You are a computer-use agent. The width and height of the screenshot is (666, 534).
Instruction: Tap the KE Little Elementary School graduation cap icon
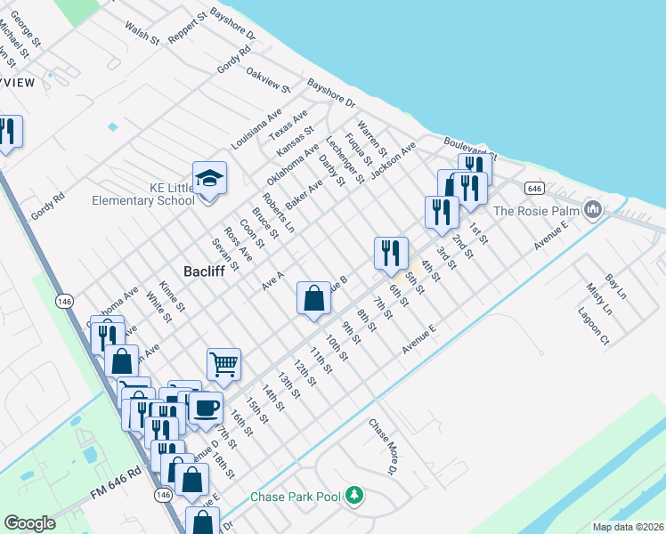209,179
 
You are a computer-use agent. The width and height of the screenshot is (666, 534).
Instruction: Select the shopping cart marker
223,363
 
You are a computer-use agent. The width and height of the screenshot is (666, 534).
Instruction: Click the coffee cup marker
206,408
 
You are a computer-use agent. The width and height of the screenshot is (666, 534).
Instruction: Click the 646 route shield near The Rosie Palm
533,188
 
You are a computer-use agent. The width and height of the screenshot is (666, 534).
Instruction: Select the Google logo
29,523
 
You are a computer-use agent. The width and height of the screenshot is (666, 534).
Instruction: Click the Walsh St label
142,35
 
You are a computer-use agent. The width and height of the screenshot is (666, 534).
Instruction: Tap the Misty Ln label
599,300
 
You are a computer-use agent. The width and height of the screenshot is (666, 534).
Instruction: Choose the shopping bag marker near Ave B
313,299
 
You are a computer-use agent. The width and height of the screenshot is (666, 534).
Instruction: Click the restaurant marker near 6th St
391,254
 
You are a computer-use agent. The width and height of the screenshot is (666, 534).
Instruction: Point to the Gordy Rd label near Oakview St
234,61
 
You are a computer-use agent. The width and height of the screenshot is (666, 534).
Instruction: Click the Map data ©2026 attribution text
628,527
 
